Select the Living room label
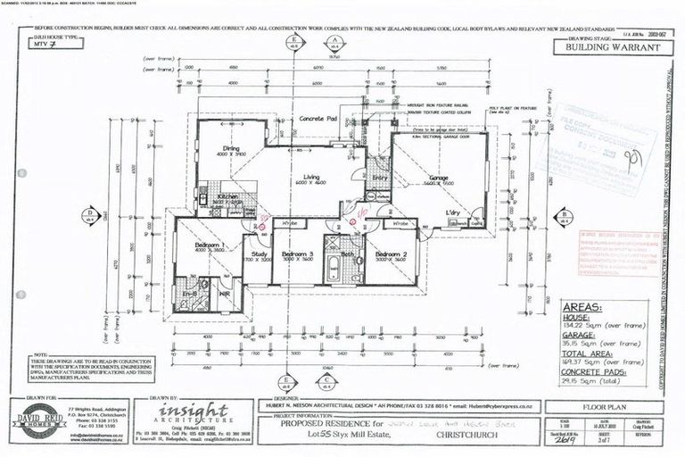click(310, 179)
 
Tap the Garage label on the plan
click(438, 179)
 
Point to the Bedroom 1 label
click(209, 245)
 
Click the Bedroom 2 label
click(391, 254)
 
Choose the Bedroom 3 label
click(298, 254)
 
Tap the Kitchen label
click(227, 195)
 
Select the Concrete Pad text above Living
click(318, 119)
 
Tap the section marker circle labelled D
click(89, 212)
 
